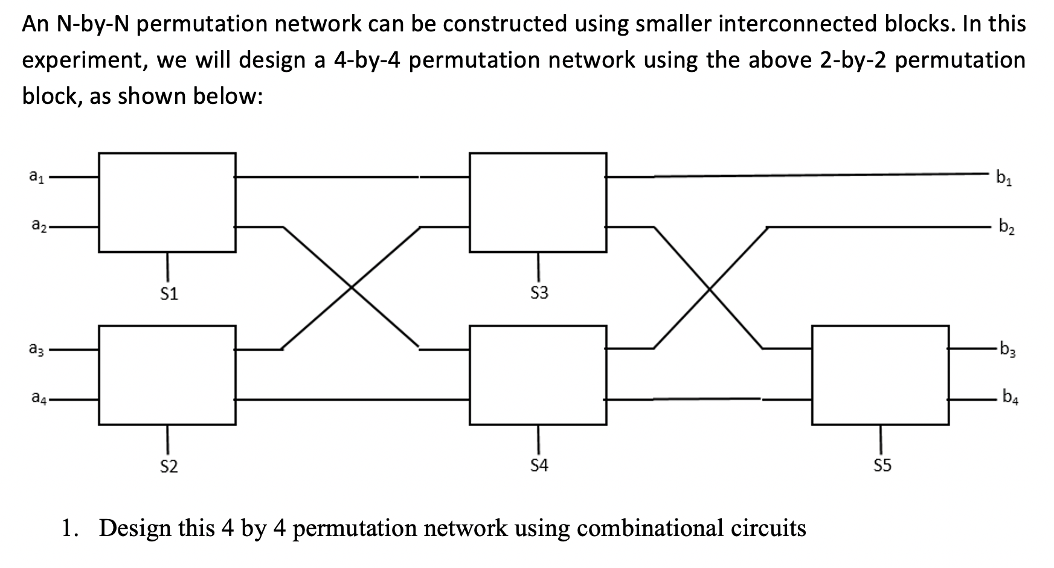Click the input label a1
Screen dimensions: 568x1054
pos(36,177)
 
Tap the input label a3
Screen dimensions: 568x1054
pos(36,349)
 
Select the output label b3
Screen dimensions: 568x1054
pos(1007,349)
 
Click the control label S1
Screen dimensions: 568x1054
pos(169,294)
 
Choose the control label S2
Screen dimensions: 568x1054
pos(169,466)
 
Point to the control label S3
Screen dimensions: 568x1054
pos(539,293)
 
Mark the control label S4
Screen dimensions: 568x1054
pos(539,465)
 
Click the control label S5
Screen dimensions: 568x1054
pos(882,465)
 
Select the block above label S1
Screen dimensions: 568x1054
pos(167,202)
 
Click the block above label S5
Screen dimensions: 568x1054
pos(880,375)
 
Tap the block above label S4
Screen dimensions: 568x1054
pos(538,375)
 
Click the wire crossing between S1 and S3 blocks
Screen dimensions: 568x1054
pos(351,288)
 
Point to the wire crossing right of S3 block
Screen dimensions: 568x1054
pos(709,288)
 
